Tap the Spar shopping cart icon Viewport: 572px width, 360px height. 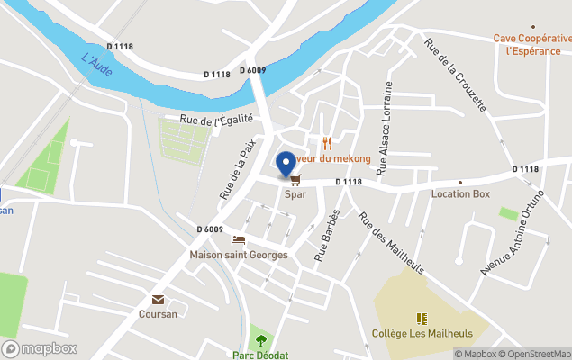coord(295,180)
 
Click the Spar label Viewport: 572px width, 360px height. coord(295,193)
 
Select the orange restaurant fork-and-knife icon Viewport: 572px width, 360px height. coord(327,143)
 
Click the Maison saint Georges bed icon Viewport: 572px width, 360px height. coord(238,239)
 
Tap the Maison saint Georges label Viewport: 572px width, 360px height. coord(238,255)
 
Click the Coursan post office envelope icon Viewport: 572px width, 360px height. coord(158,300)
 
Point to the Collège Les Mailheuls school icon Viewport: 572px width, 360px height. coord(421,318)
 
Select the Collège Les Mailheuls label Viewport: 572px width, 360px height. coord(421,333)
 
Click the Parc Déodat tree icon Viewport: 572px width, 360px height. coord(261,340)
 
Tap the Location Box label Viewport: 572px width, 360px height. coord(460,193)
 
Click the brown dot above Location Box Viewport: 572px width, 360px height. coord(460,182)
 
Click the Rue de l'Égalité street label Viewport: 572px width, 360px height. coord(216,119)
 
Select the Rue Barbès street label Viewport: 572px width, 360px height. coord(327,235)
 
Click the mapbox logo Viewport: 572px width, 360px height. coord(40,348)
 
